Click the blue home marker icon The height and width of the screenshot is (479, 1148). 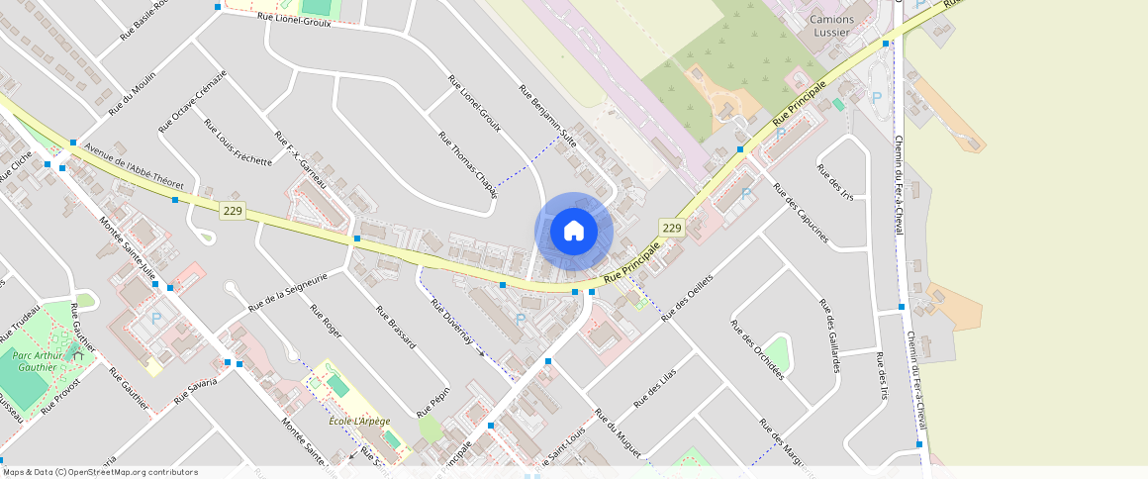pos(574,232)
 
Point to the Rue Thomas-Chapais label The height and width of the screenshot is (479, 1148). pos(467,162)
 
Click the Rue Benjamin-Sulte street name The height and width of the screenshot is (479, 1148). pos(547,116)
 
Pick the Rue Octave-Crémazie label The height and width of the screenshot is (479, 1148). pos(193,100)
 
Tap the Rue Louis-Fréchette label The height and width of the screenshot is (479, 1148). pos(238,143)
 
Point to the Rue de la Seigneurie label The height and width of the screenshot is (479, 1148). pos(287,292)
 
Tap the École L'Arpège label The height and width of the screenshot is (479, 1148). pos(358,422)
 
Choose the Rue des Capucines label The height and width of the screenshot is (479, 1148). pos(801,216)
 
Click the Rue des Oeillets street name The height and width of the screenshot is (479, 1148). pos(688,285)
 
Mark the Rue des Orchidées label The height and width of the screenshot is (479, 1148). pos(757,349)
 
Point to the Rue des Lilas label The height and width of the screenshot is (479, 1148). pos(655,391)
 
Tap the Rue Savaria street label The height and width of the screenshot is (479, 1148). pos(195,388)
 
